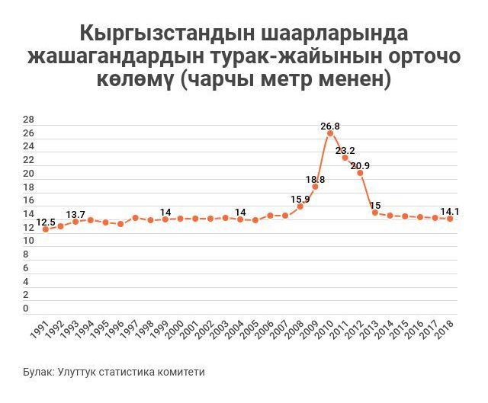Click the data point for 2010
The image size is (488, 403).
[x=330, y=133]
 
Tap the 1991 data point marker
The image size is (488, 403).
[x=46, y=229]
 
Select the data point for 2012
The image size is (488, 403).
[x=360, y=173]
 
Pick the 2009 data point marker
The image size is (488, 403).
[x=315, y=187]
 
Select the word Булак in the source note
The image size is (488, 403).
[x=37, y=372]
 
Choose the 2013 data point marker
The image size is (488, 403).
[x=375, y=213]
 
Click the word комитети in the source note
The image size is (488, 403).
[x=181, y=372]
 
